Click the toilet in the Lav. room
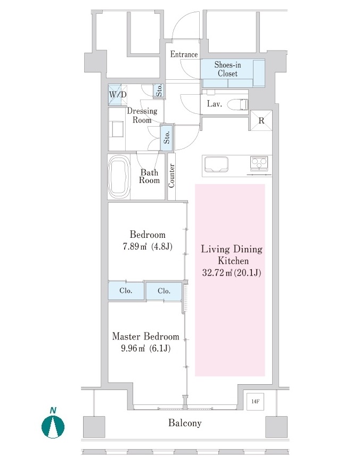(x=238, y=104)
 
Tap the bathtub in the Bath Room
(x=120, y=178)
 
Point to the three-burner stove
(x=259, y=163)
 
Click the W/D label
(x=118, y=95)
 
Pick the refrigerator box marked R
(x=261, y=120)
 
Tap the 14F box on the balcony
(x=255, y=402)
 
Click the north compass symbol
(x=53, y=424)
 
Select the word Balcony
(x=185, y=423)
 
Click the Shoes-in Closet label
(x=228, y=69)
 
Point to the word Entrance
(x=184, y=54)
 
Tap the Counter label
(x=171, y=176)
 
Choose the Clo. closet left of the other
(x=126, y=291)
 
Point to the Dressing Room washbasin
(x=117, y=129)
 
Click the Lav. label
(x=214, y=104)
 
